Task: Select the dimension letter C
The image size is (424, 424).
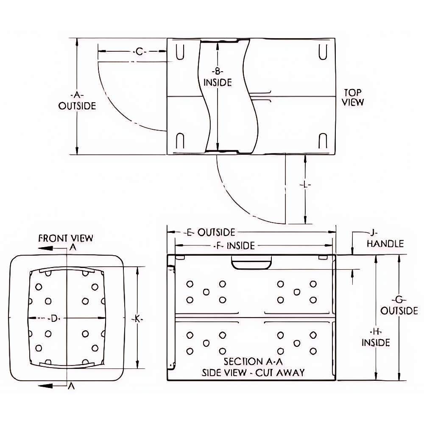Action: (x=140, y=52)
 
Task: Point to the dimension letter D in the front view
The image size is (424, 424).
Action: (x=53, y=318)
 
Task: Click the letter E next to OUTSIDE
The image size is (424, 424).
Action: (x=190, y=232)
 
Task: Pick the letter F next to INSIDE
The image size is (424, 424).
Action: (x=219, y=245)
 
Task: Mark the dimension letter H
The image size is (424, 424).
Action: (x=376, y=331)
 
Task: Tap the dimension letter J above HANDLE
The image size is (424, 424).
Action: (x=373, y=233)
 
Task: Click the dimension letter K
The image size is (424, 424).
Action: (x=137, y=318)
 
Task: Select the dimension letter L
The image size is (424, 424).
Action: (x=305, y=185)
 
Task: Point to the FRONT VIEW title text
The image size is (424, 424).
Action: (x=66, y=238)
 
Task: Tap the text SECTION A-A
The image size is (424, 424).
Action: (x=249, y=362)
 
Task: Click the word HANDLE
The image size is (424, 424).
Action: (x=385, y=244)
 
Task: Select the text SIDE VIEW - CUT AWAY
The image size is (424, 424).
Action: (x=253, y=373)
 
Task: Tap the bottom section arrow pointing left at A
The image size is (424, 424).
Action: (x=47, y=385)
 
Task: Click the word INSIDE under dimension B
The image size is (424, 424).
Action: (x=218, y=82)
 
